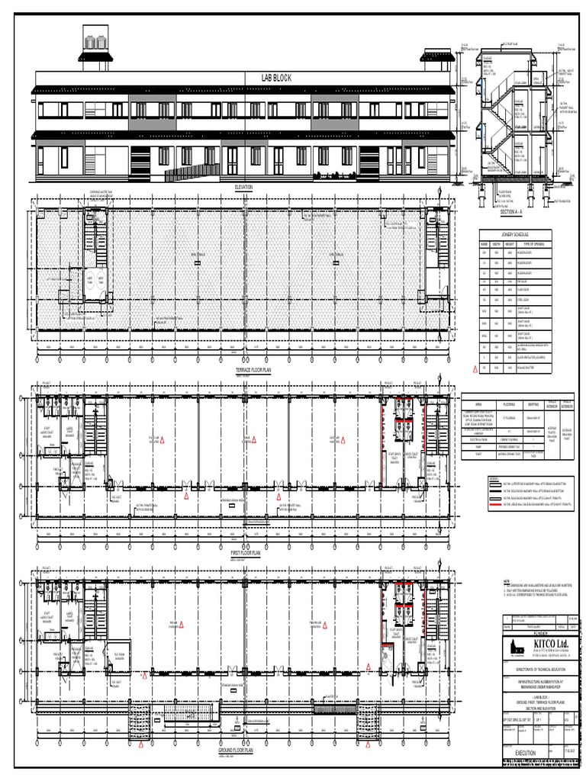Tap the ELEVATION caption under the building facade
click(244, 187)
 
